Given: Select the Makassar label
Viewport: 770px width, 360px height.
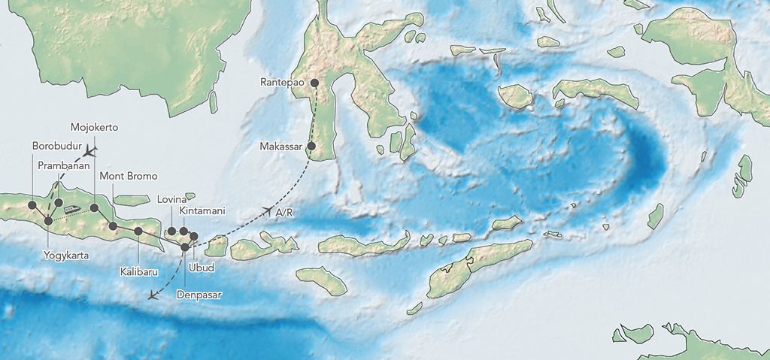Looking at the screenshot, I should pyautogui.click(x=282, y=146).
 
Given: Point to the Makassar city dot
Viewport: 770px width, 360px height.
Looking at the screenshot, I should pyautogui.click(x=311, y=146).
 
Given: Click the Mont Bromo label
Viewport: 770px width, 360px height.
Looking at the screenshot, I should pyautogui.click(x=129, y=177).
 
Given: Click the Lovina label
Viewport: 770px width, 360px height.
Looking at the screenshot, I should pyautogui.click(x=172, y=200).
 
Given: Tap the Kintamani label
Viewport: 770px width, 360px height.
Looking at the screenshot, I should pyautogui.click(x=202, y=213).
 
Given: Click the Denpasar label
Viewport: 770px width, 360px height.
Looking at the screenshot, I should pyautogui.click(x=199, y=295).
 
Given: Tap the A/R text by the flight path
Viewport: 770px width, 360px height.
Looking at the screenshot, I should pyautogui.click(x=285, y=214).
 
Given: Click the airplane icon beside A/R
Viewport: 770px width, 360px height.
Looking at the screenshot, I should pyautogui.click(x=266, y=210).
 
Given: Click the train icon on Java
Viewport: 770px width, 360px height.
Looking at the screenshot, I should pyautogui.click(x=71, y=210).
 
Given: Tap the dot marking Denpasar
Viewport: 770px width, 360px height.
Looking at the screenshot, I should pyautogui.click(x=185, y=246).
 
